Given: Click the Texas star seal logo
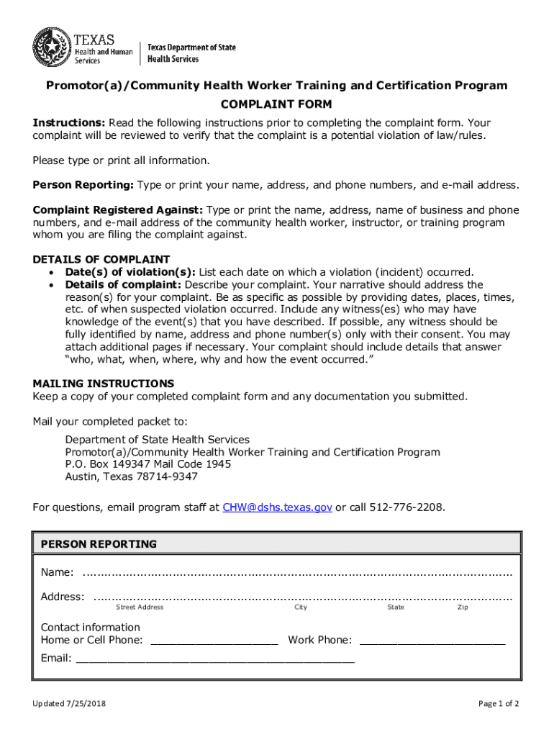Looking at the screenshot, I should click(x=51, y=48).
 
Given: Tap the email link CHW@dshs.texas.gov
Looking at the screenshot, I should click(x=277, y=507).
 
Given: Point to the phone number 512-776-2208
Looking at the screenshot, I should click(x=407, y=507).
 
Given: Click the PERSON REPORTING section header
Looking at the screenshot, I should click(x=99, y=544).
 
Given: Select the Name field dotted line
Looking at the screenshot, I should click(x=297, y=574).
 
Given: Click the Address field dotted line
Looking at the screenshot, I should click(x=303, y=597).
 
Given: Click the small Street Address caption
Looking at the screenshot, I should click(x=140, y=607).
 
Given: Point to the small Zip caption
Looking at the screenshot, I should click(x=463, y=607).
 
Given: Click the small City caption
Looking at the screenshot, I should click(x=301, y=607).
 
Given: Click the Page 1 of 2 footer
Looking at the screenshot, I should click(x=499, y=703).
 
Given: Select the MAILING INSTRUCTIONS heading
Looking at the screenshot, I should click(x=104, y=384).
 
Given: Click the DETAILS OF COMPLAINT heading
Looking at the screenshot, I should click(x=101, y=259).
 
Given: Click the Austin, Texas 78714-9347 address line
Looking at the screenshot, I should click(x=131, y=476).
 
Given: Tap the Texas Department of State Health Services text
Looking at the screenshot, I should click(x=191, y=53).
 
